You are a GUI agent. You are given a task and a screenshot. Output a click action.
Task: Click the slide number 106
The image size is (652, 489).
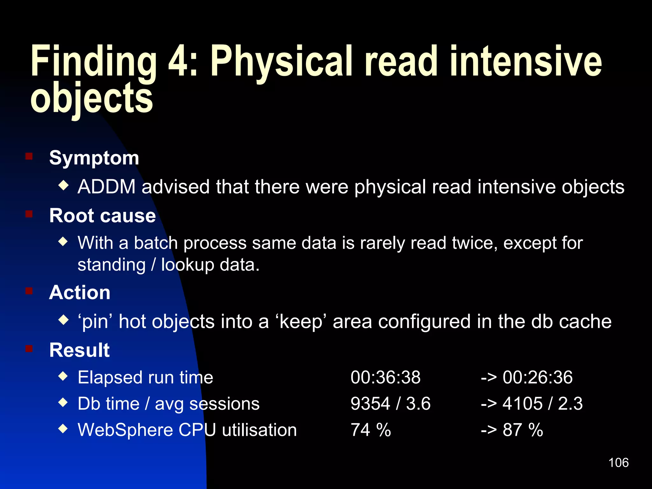(x=618, y=463)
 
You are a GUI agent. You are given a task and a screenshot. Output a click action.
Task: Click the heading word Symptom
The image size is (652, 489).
(x=94, y=158)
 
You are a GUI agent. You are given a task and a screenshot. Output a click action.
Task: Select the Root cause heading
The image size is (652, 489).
(x=103, y=216)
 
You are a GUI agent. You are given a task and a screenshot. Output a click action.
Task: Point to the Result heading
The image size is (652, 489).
(x=80, y=350)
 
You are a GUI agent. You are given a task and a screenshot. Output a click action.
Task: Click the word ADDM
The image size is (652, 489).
(x=107, y=187)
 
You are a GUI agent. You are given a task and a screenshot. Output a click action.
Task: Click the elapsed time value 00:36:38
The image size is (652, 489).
(x=386, y=377)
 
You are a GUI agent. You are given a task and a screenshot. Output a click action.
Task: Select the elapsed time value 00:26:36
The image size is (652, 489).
(x=537, y=377)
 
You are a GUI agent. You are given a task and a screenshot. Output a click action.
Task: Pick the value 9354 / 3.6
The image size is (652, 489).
(x=390, y=404)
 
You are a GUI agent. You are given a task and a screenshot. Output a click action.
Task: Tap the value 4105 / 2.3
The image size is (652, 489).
(x=542, y=404)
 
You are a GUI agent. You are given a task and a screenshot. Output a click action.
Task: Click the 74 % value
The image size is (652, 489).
(x=371, y=430)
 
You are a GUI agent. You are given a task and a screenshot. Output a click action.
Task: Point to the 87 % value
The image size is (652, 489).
(x=522, y=430)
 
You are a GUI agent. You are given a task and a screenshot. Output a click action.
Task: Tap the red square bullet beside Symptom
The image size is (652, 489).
(x=29, y=156)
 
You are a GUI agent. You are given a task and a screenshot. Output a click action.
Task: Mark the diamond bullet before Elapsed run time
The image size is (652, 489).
(x=63, y=377)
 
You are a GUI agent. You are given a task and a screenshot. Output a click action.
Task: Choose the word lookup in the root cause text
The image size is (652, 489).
(x=188, y=265)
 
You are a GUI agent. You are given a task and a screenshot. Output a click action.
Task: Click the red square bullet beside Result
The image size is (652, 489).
(x=29, y=349)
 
